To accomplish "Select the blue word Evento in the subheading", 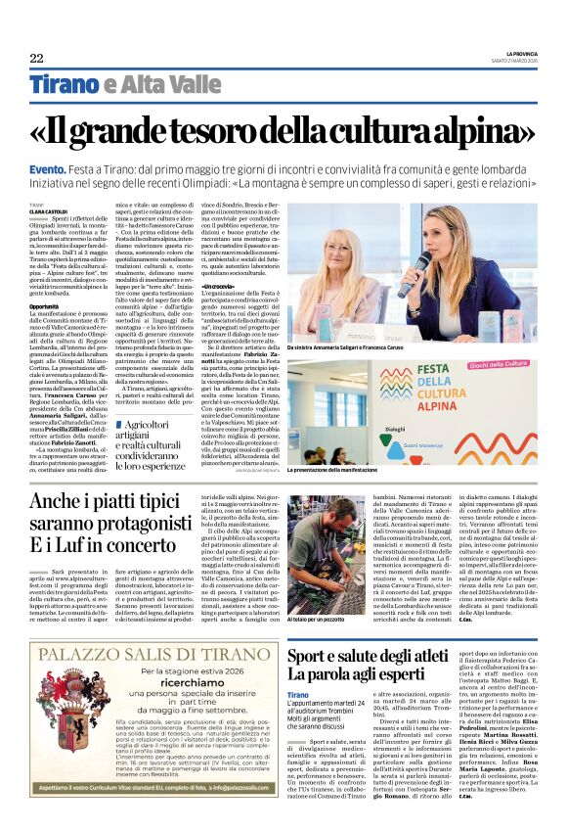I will coord(50,169).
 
